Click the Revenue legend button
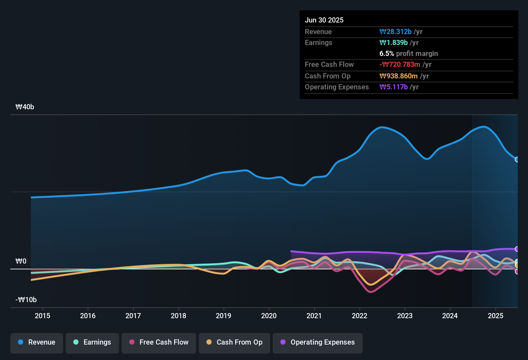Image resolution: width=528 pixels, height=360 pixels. (37, 342)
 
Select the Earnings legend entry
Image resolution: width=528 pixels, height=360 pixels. (92, 342)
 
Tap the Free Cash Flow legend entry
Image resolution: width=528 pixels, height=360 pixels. (159, 342)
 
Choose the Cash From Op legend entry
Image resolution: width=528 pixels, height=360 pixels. (234, 342)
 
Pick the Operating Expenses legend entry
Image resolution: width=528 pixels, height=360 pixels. (318, 342)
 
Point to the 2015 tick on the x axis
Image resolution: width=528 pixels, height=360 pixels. (42, 316)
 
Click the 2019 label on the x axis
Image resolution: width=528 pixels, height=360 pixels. (223, 316)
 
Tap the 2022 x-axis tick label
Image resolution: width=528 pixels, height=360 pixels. (360, 316)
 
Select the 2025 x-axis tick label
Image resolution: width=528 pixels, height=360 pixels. (496, 316)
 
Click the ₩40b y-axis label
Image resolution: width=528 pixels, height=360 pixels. (25, 107)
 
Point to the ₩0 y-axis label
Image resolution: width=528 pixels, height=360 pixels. (21, 261)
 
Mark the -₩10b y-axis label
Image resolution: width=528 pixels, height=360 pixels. (26, 300)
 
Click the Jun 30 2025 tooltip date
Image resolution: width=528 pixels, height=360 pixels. (324, 20)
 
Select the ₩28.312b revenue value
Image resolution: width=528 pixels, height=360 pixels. (396, 32)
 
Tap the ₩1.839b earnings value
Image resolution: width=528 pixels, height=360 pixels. (394, 43)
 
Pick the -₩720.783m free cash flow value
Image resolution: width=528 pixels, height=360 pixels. (400, 65)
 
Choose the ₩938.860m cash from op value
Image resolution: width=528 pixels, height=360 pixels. (398, 76)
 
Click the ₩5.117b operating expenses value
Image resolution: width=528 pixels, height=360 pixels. (394, 87)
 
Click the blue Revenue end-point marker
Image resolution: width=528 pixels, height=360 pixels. (517, 159)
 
